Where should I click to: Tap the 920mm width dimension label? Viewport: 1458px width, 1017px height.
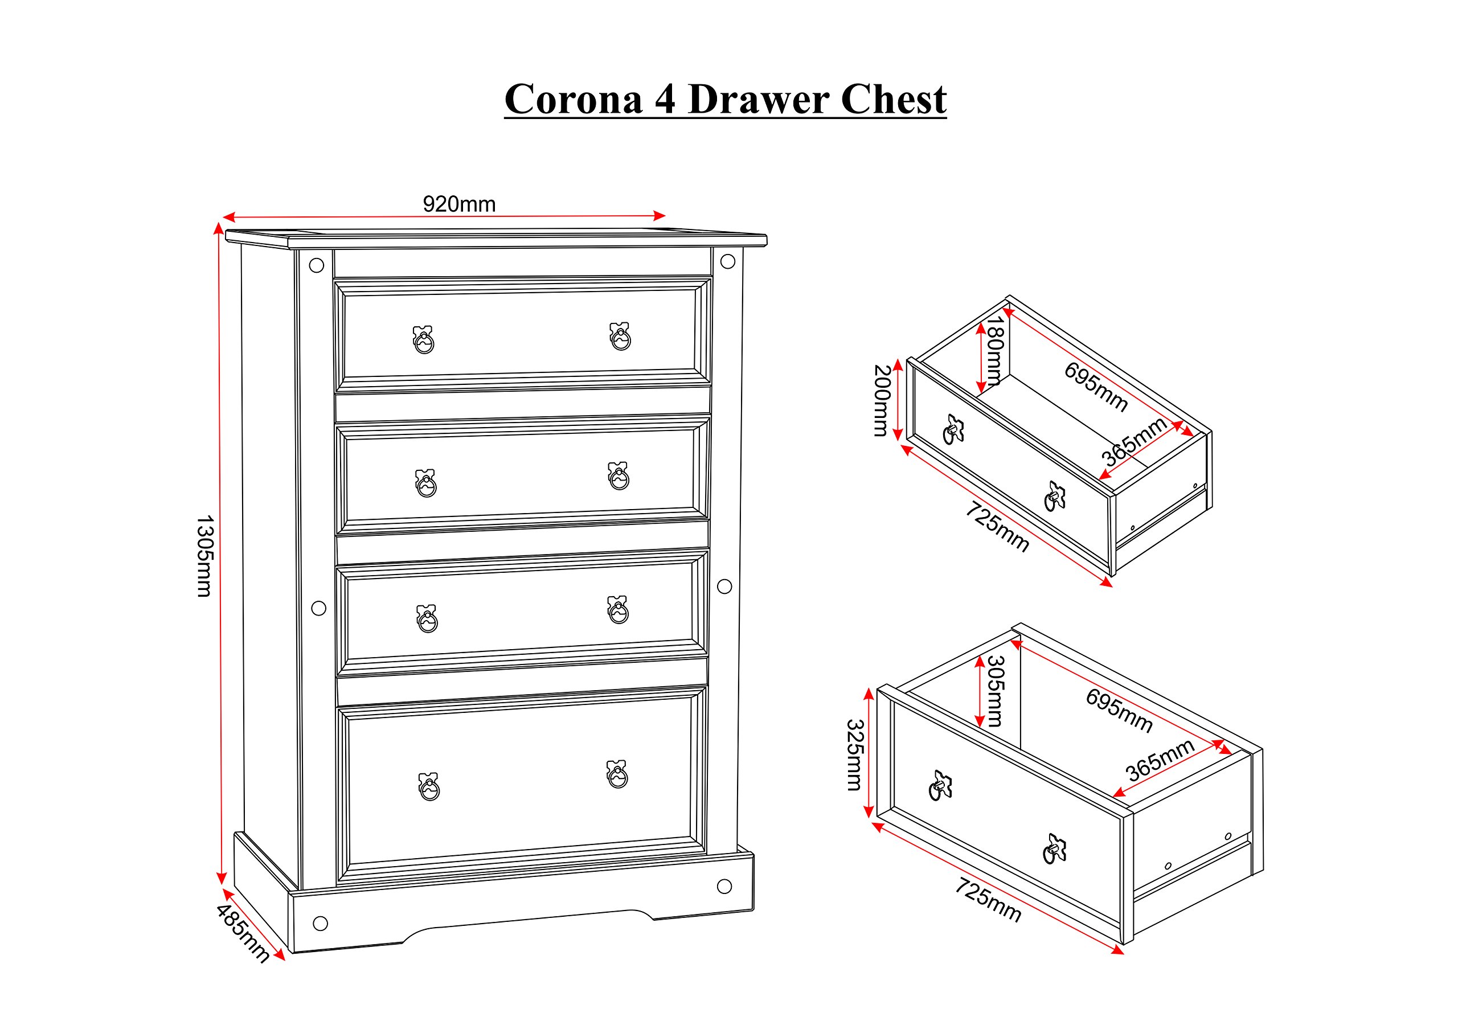coord(459,204)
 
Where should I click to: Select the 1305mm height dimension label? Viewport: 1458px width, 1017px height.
coord(204,556)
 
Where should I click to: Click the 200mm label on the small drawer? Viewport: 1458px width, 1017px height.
coord(882,400)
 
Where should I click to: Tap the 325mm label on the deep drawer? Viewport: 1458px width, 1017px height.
coord(855,755)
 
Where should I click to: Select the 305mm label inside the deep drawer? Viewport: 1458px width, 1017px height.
coord(995,691)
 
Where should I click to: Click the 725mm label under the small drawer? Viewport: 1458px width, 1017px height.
coord(997,526)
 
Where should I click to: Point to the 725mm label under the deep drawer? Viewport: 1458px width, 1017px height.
coord(988,900)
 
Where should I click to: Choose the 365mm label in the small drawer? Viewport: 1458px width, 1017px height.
coord(1134,442)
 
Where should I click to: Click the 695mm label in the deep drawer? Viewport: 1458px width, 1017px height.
coord(1119,711)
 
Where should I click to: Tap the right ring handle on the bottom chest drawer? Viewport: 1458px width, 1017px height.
coord(617,774)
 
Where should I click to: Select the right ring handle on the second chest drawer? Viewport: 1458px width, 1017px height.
coord(619,475)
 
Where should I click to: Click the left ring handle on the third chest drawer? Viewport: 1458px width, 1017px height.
coord(427,618)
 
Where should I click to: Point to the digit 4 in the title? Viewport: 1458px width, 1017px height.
coord(665,100)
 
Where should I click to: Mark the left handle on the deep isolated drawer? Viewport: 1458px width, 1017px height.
coord(940,785)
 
